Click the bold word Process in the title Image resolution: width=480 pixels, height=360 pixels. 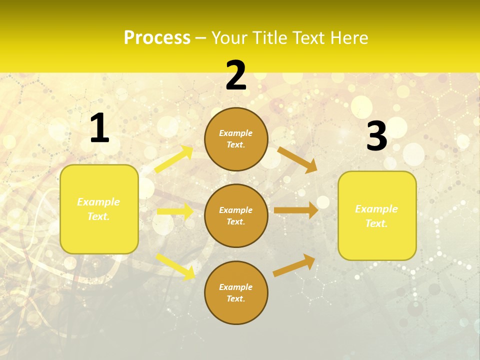(x=157, y=38)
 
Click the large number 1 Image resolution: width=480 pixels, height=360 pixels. (x=99, y=128)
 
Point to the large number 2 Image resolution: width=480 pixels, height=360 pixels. (x=236, y=75)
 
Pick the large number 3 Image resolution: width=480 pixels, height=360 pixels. (x=376, y=136)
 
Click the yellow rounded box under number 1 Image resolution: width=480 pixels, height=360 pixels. (x=99, y=209)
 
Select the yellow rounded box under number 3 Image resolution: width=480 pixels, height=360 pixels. (x=377, y=215)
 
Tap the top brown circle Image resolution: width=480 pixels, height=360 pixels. (x=236, y=139)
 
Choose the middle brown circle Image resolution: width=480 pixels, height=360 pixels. (x=236, y=215)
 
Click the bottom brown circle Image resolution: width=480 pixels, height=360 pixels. (x=236, y=292)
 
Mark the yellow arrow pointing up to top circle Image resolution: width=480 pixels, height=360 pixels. (x=174, y=159)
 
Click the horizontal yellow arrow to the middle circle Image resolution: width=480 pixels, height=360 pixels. (x=175, y=211)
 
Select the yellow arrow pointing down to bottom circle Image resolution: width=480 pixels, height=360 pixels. (x=175, y=266)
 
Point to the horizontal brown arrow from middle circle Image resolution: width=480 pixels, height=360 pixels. (x=296, y=210)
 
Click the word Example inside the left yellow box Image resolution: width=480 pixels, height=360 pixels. (x=98, y=202)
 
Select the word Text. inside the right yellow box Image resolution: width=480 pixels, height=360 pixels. (x=376, y=223)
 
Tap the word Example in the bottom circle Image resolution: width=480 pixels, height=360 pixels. (x=236, y=287)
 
